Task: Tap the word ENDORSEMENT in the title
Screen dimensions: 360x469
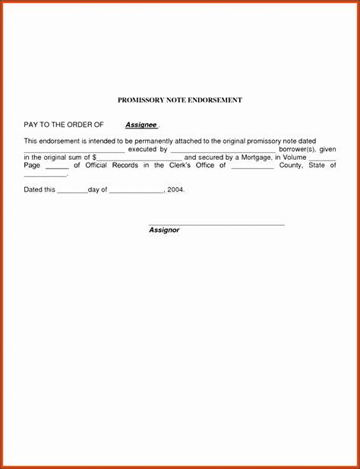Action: click(x=216, y=100)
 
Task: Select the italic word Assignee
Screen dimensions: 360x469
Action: click(x=141, y=124)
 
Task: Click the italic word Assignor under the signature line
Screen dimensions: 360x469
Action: click(x=164, y=230)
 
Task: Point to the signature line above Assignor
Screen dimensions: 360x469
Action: click(x=216, y=225)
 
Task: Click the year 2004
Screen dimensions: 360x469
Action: click(x=175, y=189)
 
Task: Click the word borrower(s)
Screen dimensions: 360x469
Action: click(x=297, y=150)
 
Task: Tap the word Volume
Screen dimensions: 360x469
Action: click(x=295, y=157)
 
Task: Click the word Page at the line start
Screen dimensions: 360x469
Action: click(x=31, y=165)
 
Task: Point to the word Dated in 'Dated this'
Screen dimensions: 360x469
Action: click(x=33, y=189)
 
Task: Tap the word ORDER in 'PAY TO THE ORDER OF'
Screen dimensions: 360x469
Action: click(x=77, y=124)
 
